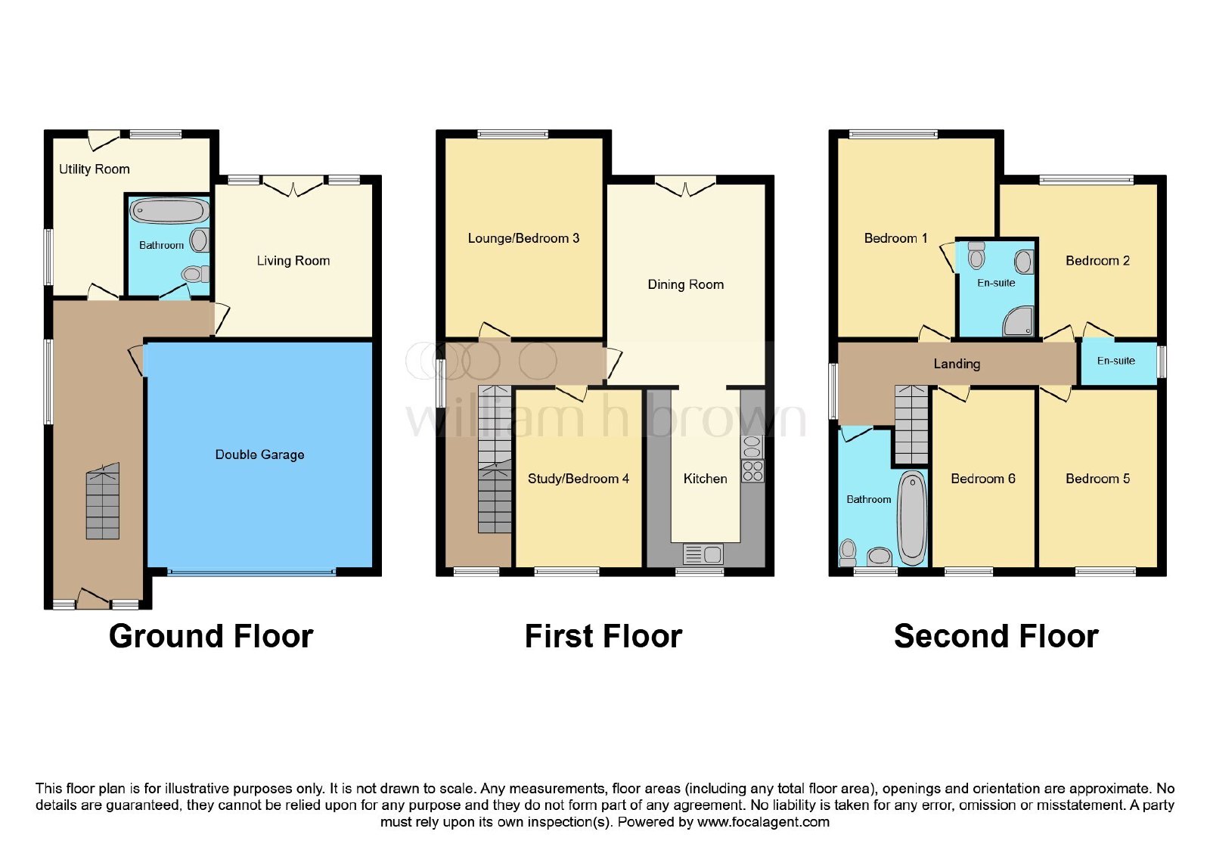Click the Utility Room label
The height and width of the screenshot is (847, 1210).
pos(94,169)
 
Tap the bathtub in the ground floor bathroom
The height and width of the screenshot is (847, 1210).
pos(169,210)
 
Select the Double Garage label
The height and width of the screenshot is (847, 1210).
pos(259,455)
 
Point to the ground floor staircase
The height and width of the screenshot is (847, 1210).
pos(103,501)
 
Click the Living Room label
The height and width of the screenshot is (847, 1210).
pos(293,261)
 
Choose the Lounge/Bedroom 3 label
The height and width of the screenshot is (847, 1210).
pos(523,238)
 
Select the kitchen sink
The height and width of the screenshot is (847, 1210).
pos(703,554)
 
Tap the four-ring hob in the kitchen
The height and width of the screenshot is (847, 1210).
pos(752,470)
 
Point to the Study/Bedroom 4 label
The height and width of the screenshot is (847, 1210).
pos(578,479)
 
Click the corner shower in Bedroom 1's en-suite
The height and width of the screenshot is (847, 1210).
pos(1018,321)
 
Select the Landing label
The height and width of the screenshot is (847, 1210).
pos(957,364)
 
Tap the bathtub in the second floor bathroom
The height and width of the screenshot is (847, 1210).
pos(912,517)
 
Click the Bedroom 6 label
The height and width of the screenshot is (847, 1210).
pos(982,479)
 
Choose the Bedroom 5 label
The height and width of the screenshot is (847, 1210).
pos(1097,479)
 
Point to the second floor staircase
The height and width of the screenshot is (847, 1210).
pos(911,424)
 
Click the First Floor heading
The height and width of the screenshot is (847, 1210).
pos(603,636)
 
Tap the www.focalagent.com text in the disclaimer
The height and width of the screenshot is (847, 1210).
pos(763,822)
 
